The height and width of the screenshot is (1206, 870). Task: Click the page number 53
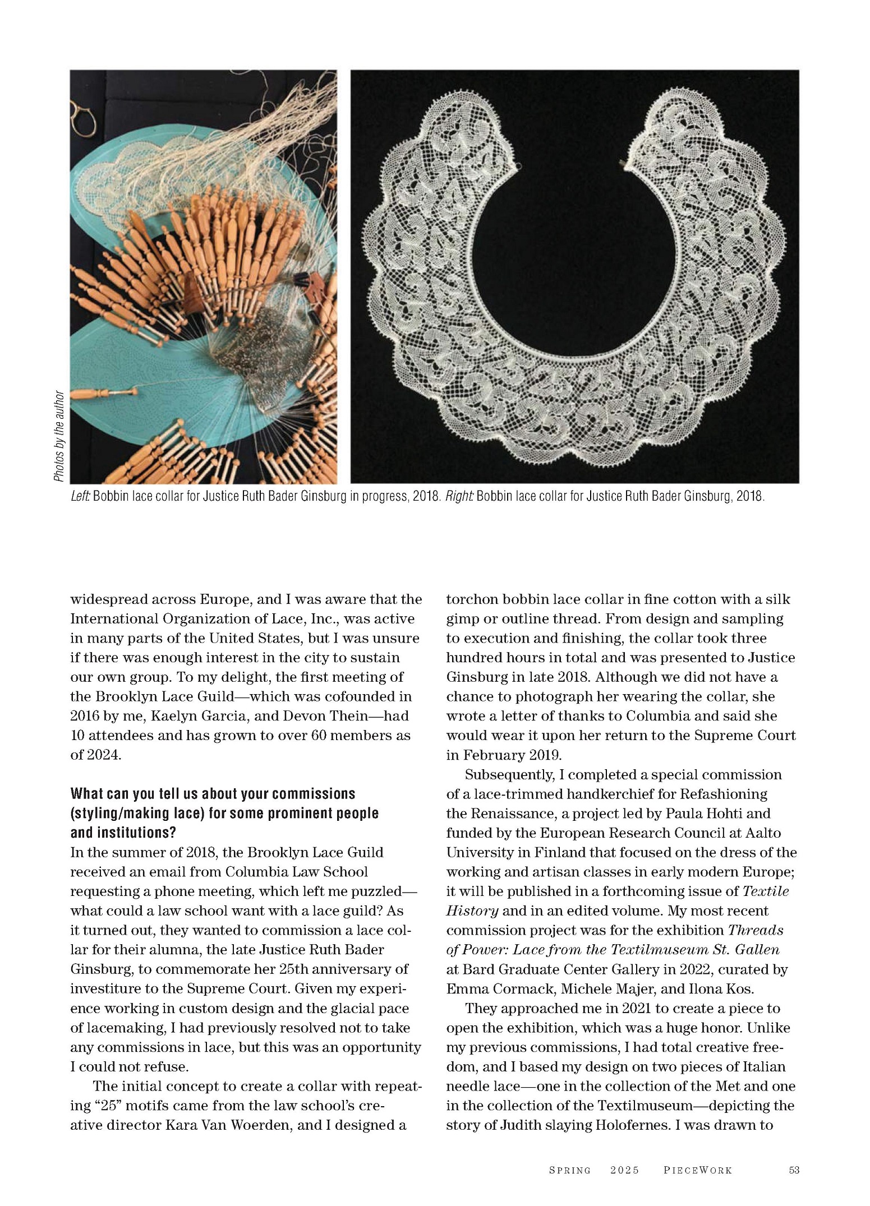click(794, 1170)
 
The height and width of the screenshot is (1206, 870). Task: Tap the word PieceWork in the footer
click(698, 1170)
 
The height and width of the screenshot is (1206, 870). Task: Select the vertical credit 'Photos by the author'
click(59, 436)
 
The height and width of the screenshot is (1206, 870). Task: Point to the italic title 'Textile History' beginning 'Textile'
click(766, 891)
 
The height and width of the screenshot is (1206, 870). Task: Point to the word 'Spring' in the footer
click(569, 1170)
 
